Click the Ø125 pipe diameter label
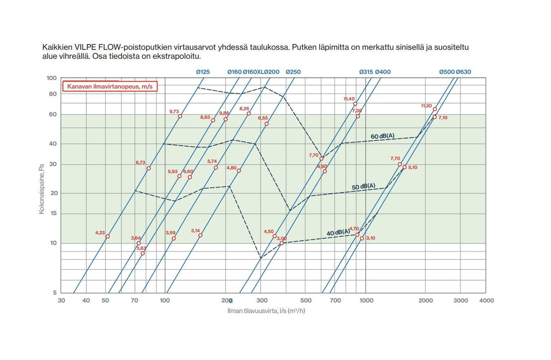tap(203, 72)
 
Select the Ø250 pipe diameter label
tap(293, 72)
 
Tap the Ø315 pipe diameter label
tap(366, 72)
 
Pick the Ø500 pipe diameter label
tap(447, 72)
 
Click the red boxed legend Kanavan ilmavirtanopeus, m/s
tap(109, 86)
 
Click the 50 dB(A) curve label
tap(364, 186)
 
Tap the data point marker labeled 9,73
tap(180, 116)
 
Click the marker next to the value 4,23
tap(108, 237)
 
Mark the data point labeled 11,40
tap(355, 104)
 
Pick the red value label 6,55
tap(263, 118)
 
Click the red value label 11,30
tap(426, 106)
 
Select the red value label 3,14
tap(196, 231)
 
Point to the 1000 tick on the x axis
tap(366, 301)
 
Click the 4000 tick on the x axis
tap(487, 301)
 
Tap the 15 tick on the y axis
tap(53, 214)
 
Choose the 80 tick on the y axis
tap(53, 94)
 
